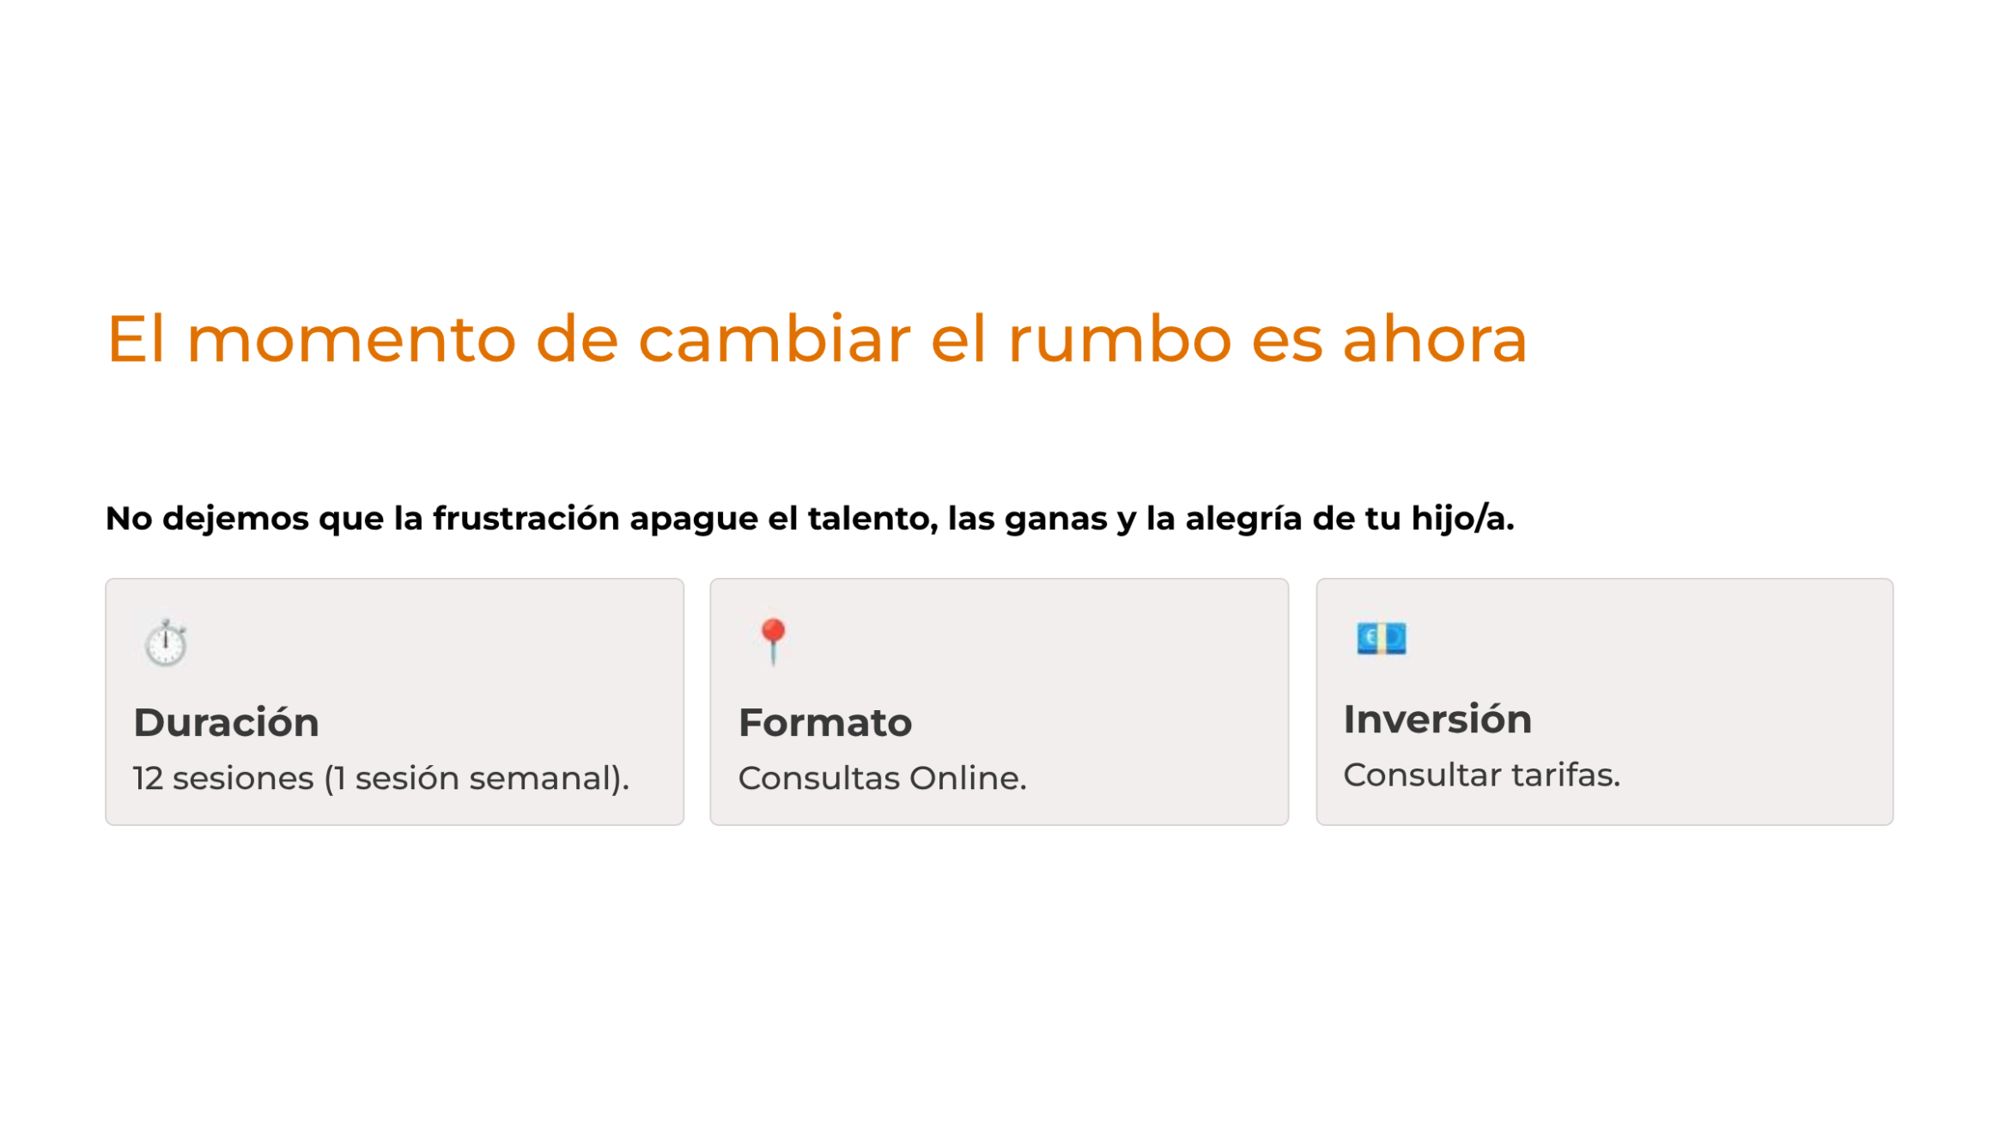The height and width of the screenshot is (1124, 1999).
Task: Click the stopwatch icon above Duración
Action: click(x=166, y=642)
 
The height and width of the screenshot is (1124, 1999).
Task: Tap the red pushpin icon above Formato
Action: click(x=773, y=641)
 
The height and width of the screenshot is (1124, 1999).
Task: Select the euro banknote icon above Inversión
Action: click(x=1381, y=638)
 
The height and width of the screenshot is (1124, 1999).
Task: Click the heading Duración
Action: click(x=227, y=722)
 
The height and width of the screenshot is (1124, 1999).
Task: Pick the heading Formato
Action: click(x=825, y=723)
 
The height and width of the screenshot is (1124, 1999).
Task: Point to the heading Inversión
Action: click(x=1437, y=719)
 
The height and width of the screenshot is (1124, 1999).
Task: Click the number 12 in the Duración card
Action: click(x=148, y=778)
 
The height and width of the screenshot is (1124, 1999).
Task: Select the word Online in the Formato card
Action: click(x=968, y=778)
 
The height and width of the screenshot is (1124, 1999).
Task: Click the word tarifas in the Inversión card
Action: click(x=1565, y=775)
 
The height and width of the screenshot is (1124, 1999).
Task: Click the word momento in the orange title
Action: click(x=351, y=340)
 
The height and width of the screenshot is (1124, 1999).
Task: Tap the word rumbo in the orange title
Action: click(x=1120, y=338)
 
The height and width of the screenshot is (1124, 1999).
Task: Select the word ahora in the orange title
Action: click(x=1435, y=338)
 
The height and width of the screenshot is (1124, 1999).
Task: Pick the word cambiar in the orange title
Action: click(x=774, y=338)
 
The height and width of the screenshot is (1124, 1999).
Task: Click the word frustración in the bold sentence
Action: click(x=526, y=518)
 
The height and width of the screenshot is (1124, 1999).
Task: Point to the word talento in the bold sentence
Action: click(x=872, y=519)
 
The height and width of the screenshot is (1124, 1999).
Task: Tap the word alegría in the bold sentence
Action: click(x=1244, y=519)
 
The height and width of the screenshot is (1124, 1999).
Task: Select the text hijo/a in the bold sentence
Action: click(x=1462, y=519)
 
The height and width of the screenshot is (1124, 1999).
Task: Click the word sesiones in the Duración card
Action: click(x=243, y=778)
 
